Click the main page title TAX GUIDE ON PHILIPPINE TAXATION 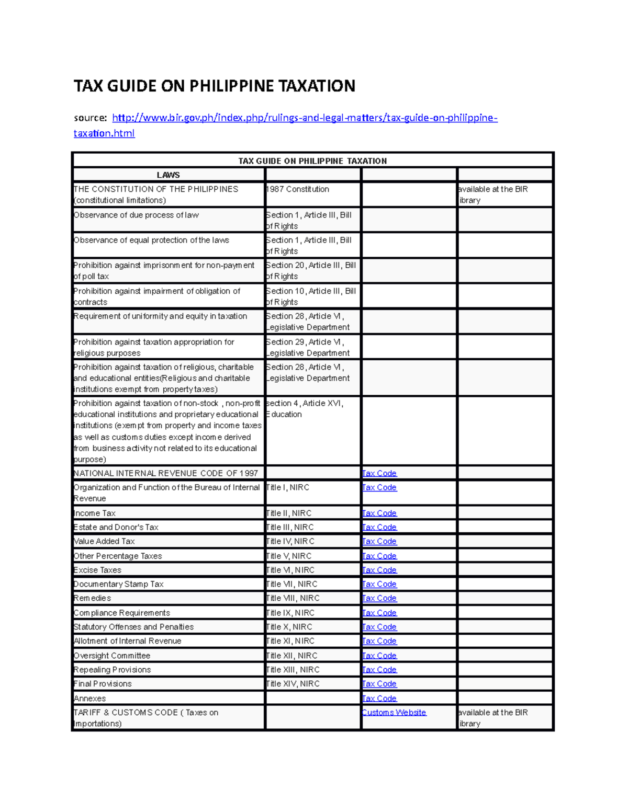coord(214,86)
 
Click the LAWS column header coord(168,175)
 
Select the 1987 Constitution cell coord(297,189)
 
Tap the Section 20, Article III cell coord(311,271)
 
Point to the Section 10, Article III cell coord(311,296)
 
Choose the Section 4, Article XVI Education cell coord(305,409)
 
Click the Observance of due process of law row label coord(136,215)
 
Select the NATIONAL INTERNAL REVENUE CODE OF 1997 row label coord(165,473)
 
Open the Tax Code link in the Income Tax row coord(379,513)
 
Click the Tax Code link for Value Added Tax coord(379,542)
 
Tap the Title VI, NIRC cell coord(290,570)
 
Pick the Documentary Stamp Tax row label coord(118,584)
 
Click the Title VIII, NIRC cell coord(293,598)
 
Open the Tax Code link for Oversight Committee coord(379,656)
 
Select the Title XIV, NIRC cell coord(293,684)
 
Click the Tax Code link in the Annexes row coord(379,699)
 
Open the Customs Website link coord(394,713)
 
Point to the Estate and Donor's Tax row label coord(116,527)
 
